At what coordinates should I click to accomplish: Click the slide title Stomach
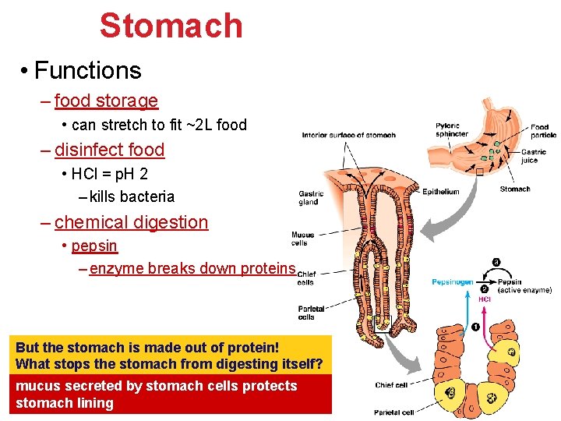coord(171,26)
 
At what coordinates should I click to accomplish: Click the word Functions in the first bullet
coord(87,71)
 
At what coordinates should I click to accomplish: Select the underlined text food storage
coord(106,101)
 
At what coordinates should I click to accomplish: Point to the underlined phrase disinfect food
coord(109,150)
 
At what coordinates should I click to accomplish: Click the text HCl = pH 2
coord(109,173)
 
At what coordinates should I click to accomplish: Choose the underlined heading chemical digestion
coord(131,222)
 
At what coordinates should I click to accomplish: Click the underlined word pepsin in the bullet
coord(94,246)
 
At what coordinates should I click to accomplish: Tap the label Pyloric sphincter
coord(451,129)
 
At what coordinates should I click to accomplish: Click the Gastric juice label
coord(534,156)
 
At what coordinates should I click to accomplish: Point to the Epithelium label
coord(440,192)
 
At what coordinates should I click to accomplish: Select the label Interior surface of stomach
coord(348,135)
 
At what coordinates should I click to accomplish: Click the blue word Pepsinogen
coord(453,281)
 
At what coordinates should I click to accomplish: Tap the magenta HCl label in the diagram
coord(484,299)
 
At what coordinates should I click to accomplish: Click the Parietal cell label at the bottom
coord(393,412)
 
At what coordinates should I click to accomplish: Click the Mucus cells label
coord(303,239)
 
